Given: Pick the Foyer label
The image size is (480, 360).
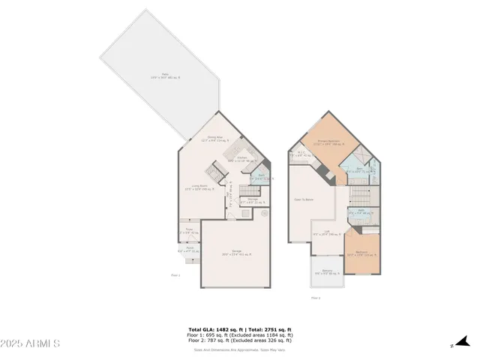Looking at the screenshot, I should pyautogui.click(x=189, y=230).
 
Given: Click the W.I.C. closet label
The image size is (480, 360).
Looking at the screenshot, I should pyautogui.click(x=300, y=154).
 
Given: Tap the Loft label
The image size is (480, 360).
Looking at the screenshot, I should pyautogui.click(x=327, y=232).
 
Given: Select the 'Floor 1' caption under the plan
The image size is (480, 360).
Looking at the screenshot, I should pyautogui.click(x=175, y=275).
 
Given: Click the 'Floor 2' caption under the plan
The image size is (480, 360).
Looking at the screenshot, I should pyautogui.click(x=316, y=298).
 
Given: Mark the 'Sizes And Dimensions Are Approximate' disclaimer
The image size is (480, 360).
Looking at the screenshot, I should pyautogui.click(x=240, y=349).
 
